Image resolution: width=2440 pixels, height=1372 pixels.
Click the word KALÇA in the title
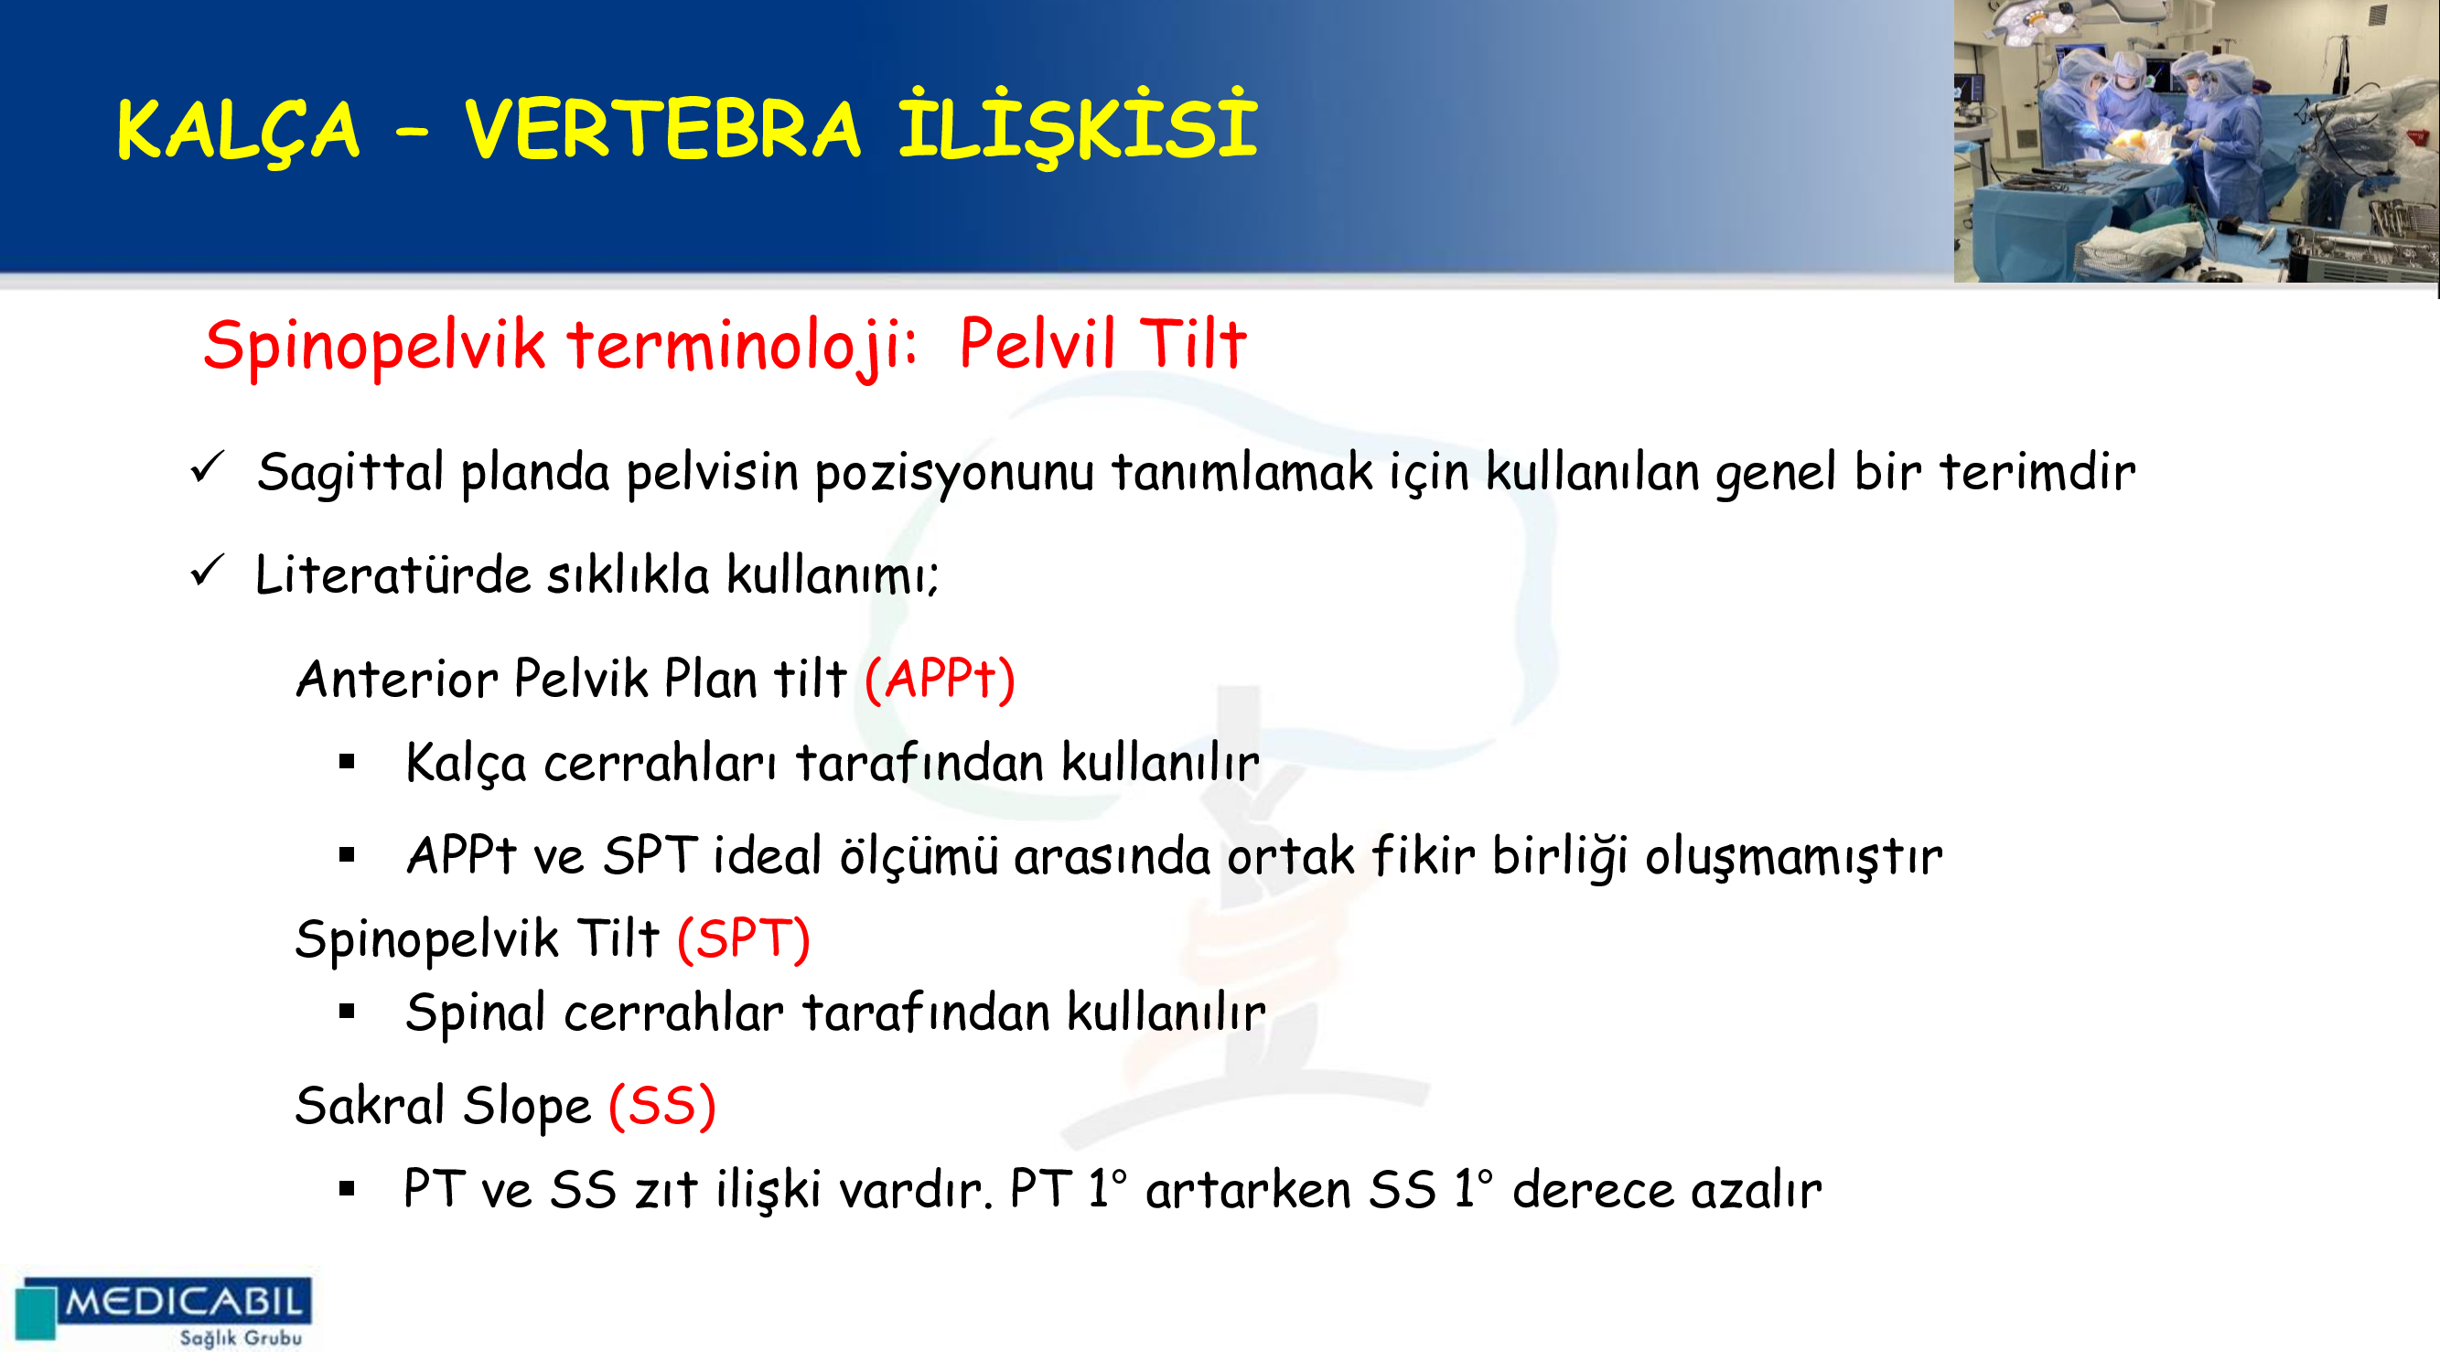(238, 131)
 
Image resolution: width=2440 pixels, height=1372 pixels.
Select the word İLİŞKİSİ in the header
(1078, 126)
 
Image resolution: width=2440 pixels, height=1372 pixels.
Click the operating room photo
(2196, 141)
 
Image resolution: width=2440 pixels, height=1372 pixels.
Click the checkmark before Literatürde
(207, 571)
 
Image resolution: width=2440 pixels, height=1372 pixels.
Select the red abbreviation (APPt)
(940, 679)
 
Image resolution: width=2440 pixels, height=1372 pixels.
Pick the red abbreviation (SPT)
(744, 939)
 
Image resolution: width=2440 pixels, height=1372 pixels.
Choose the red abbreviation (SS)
(662, 1106)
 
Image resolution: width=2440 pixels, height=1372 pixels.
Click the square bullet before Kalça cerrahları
(347, 761)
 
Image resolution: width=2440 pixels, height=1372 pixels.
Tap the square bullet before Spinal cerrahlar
(347, 1013)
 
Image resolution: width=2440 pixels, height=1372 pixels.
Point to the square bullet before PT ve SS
(347, 1189)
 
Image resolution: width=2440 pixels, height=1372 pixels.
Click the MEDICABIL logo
(164, 1312)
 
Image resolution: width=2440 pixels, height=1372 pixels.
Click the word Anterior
(397, 679)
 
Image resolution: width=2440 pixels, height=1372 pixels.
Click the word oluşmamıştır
(1793, 857)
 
